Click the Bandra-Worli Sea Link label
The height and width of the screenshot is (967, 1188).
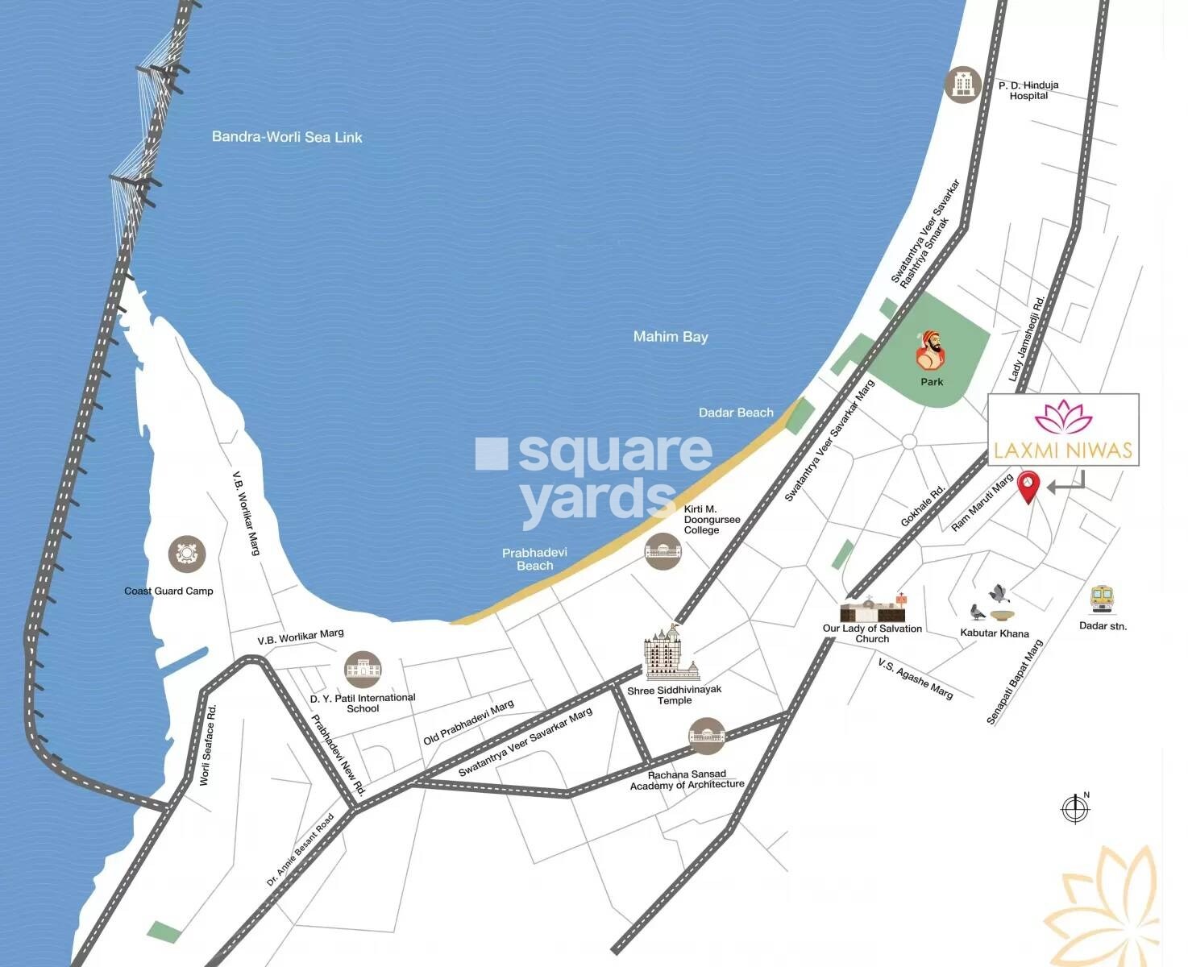point(287,137)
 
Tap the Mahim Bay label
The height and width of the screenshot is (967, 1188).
point(671,337)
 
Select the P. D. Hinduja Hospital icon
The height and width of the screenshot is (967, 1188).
point(962,84)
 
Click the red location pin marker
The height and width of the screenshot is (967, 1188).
point(1029,487)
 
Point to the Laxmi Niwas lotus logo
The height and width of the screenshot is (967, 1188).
point(1063,417)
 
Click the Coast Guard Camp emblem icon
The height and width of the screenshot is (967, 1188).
point(187,554)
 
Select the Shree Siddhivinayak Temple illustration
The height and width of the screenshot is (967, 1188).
point(671,654)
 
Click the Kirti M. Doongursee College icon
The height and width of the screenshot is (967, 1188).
point(663,551)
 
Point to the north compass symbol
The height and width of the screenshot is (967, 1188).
point(1075,808)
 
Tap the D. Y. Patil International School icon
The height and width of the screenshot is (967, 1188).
point(363,670)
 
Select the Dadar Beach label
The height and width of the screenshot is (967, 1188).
point(736,413)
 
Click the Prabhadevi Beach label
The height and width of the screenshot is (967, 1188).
point(534,559)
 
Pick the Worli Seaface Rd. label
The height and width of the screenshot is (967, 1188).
point(208,745)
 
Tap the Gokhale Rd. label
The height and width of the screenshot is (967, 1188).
point(923,507)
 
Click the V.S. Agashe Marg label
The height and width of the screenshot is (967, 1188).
point(916,679)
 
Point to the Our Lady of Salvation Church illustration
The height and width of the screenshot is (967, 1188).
point(872,610)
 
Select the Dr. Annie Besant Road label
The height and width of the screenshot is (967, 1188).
point(300,850)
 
